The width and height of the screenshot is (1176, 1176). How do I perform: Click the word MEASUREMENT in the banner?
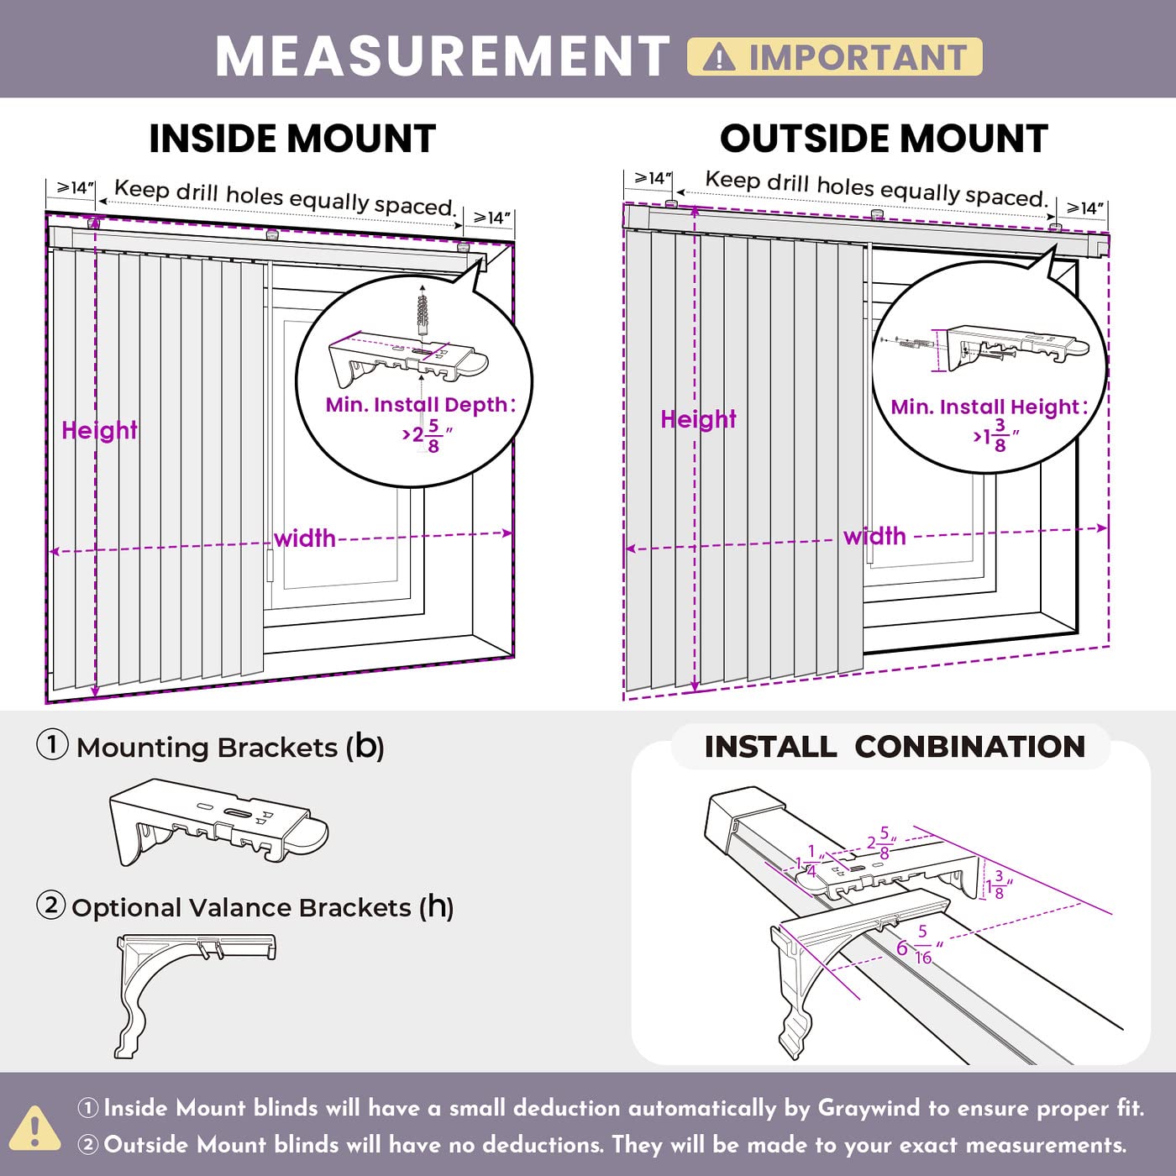[442, 57]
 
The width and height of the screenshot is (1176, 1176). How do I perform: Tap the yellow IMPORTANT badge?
[834, 57]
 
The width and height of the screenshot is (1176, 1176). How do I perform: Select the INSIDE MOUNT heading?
[292, 139]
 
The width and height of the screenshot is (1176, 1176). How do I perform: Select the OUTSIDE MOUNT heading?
[884, 139]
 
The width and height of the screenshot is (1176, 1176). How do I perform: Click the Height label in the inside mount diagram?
[99, 430]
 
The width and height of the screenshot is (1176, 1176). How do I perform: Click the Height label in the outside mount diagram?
[698, 419]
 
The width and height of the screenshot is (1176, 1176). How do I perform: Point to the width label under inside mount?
[305, 538]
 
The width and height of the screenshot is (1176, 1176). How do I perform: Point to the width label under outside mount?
[874, 536]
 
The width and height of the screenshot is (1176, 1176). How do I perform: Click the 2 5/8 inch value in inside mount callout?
[428, 435]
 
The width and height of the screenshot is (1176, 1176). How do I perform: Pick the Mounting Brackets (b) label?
[230, 747]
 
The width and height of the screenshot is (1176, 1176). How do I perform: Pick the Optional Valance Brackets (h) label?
[262, 907]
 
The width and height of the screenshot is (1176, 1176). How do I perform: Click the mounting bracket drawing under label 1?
[218, 822]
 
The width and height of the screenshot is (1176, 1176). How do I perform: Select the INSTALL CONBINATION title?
[895, 747]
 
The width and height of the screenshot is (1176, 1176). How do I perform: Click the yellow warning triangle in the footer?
[34, 1126]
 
